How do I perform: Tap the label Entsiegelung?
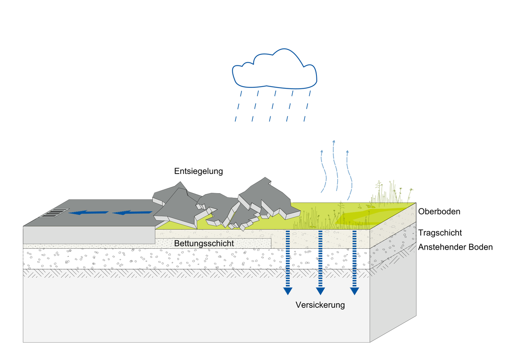(199, 171)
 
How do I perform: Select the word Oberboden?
(439, 211)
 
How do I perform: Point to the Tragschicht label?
(440, 233)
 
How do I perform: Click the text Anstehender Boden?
(455, 247)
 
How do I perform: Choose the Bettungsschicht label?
(204, 243)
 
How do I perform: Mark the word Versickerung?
(320, 305)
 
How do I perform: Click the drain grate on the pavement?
(53, 212)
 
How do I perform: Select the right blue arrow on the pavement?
(131, 212)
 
